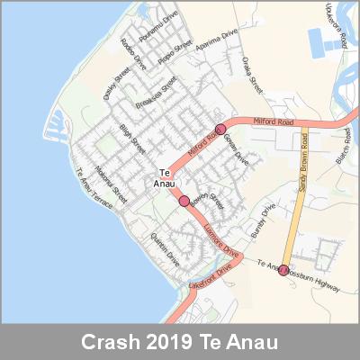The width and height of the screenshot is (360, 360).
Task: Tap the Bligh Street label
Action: pos(131,141)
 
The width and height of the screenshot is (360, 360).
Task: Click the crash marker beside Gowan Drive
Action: pos(220,129)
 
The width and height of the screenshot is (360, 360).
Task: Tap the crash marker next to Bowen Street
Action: pos(184,201)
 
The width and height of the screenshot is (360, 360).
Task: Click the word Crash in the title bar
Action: pos(106,343)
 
